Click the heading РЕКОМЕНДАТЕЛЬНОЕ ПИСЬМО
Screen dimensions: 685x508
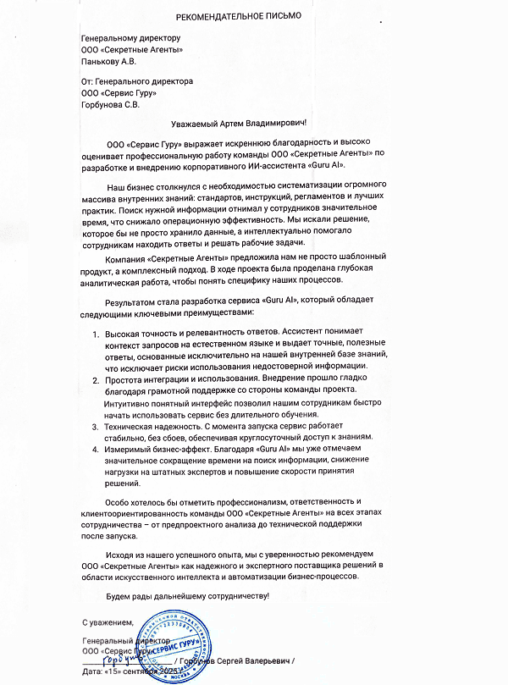238,16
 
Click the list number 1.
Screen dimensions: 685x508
95,335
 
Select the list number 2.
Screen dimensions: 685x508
95,380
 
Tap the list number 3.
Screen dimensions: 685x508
95,428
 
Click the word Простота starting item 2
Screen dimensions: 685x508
124,380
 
